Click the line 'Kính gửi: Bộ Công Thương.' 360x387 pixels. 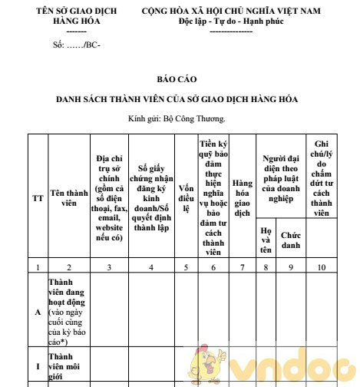click(x=177, y=120)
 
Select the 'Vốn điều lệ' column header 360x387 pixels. click(x=186, y=199)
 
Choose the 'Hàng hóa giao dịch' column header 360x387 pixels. click(x=243, y=198)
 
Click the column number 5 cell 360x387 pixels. click(x=186, y=267)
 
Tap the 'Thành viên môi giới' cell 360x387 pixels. click(x=66, y=367)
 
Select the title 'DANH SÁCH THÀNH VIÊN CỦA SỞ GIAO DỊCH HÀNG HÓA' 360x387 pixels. click(x=177, y=100)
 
